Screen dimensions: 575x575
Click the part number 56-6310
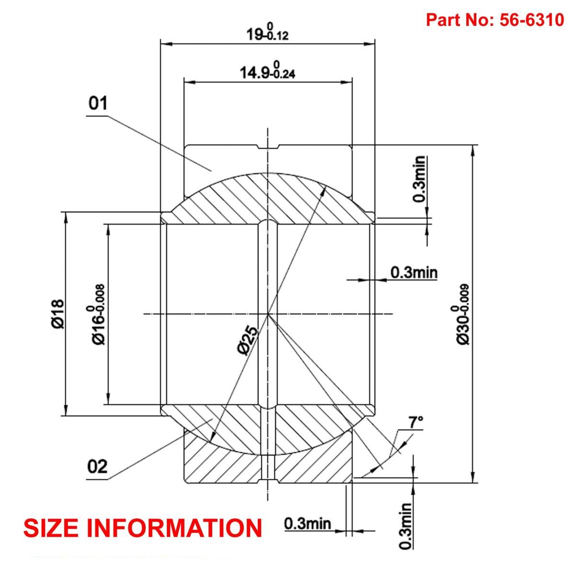point(532,20)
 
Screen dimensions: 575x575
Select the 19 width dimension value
point(253,34)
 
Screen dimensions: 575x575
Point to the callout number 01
point(98,104)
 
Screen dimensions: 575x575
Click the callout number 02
point(98,466)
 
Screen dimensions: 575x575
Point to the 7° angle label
point(415,422)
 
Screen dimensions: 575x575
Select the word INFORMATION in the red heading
point(182,528)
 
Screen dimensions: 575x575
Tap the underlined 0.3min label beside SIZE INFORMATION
point(307,523)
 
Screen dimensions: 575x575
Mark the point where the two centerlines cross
point(268,314)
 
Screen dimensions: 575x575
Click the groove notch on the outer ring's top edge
point(268,147)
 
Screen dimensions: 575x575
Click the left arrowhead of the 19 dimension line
point(166,44)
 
